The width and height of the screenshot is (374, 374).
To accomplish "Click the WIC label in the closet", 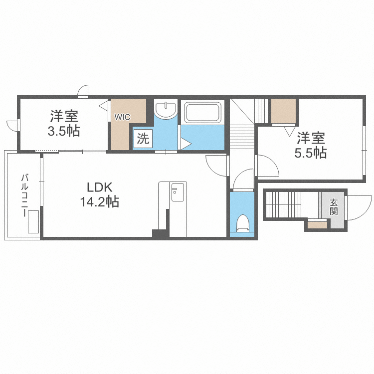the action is [x=122, y=117].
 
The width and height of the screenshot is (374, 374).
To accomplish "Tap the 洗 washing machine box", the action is [x=143, y=139].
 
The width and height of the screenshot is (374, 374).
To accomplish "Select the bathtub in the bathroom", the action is [x=203, y=113].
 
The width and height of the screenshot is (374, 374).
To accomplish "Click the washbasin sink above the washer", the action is [x=166, y=109].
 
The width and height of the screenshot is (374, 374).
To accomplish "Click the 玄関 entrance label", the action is [x=334, y=207].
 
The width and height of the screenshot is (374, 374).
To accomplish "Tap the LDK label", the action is [x=99, y=187].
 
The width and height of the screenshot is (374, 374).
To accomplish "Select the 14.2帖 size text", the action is [x=99, y=202].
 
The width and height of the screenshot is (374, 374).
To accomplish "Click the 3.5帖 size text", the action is [x=64, y=131].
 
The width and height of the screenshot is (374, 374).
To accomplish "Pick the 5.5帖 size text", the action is [x=311, y=153].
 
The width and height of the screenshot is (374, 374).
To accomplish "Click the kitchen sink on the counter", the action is [x=178, y=192].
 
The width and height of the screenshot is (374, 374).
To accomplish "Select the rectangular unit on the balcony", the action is [x=33, y=222].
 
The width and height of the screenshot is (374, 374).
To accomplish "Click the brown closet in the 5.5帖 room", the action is [x=284, y=111].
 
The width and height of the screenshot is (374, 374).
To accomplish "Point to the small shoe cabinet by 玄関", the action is [x=317, y=225].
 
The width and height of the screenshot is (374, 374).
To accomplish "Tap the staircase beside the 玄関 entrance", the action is [x=280, y=204].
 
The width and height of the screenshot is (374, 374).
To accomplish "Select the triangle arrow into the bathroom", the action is [x=186, y=144].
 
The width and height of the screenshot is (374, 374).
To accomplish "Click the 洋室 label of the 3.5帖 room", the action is [x=64, y=116].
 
